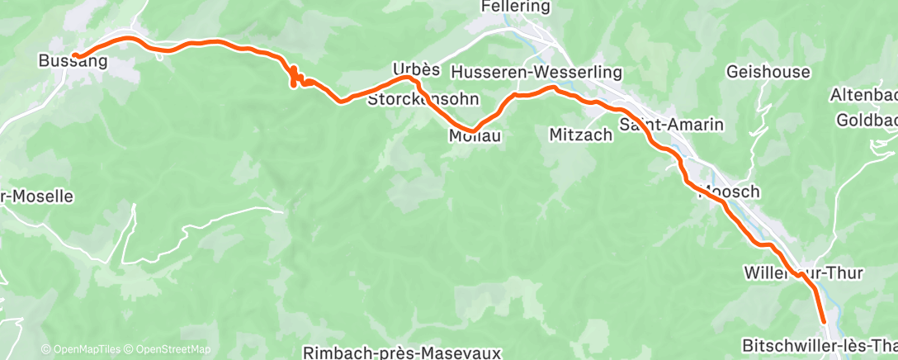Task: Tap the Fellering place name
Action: (x=517, y=7)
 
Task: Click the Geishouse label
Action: (x=768, y=72)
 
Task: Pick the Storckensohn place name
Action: (x=417, y=100)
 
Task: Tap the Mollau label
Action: (x=475, y=135)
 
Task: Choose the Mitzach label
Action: (x=581, y=135)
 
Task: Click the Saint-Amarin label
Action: (x=671, y=126)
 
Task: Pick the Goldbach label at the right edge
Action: (x=866, y=121)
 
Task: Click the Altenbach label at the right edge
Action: (x=863, y=95)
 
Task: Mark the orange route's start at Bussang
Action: (x=74, y=56)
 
